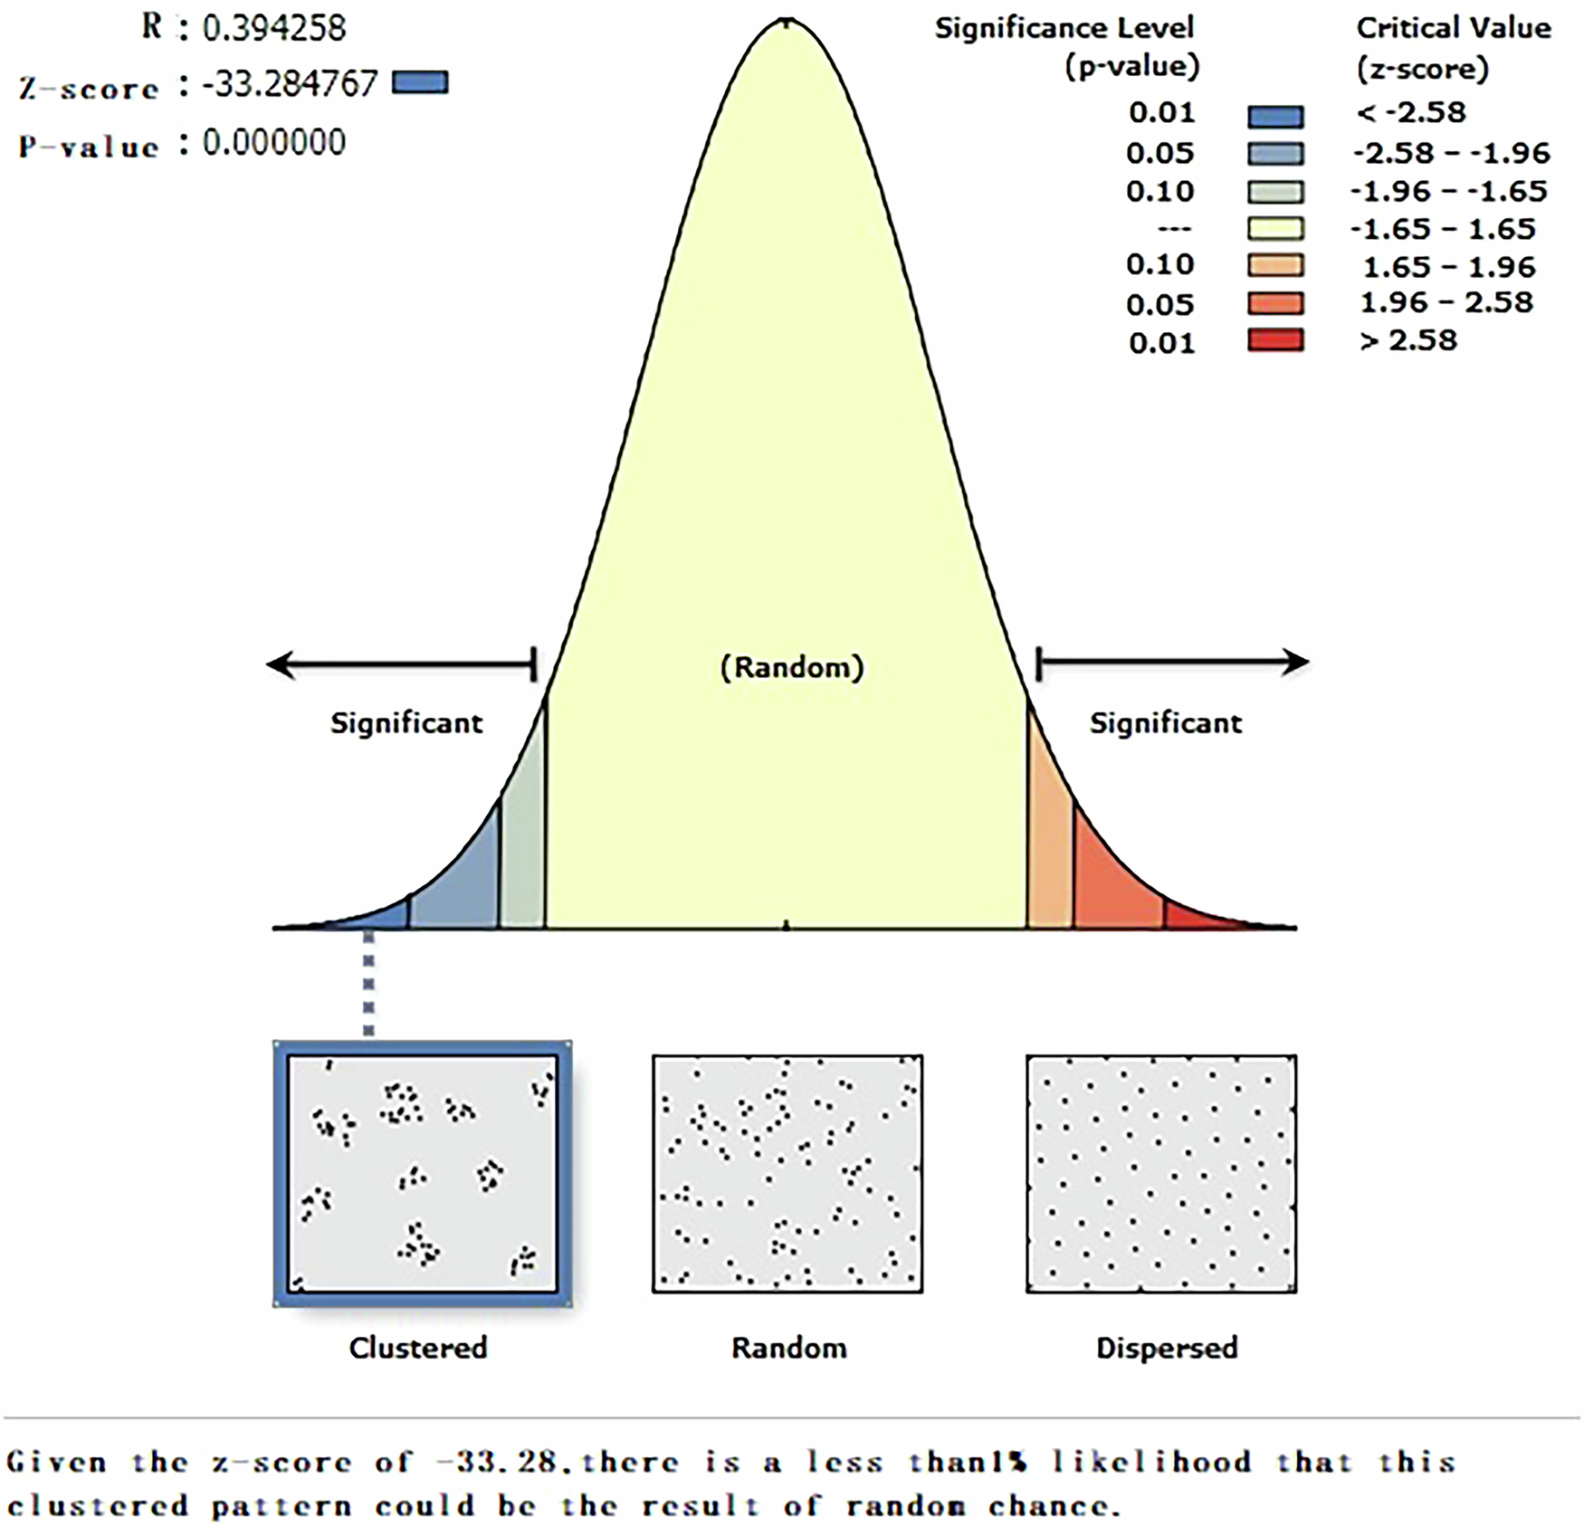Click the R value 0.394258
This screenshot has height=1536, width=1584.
(273, 28)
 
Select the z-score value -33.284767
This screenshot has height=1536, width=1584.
(289, 84)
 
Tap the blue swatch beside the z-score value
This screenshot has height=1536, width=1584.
(420, 83)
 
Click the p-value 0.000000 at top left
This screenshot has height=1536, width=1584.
(273, 143)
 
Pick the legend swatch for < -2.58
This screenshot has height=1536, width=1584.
(1275, 115)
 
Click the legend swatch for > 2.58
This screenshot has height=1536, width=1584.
(1275, 340)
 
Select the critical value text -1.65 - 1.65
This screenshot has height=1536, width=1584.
(1443, 228)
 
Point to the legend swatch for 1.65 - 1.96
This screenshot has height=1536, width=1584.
(1275, 265)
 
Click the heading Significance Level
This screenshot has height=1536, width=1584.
(1064, 28)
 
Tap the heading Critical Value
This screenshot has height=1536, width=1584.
(1453, 28)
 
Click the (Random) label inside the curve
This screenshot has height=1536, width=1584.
(792, 667)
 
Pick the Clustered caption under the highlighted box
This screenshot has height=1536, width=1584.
(418, 1348)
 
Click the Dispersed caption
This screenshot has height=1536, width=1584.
(1166, 1348)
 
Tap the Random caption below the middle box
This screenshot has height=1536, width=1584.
(789, 1348)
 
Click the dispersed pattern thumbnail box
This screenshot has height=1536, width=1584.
(1161, 1173)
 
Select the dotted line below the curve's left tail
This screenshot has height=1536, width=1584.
(368, 985)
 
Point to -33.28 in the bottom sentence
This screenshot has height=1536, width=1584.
(496, 1462)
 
